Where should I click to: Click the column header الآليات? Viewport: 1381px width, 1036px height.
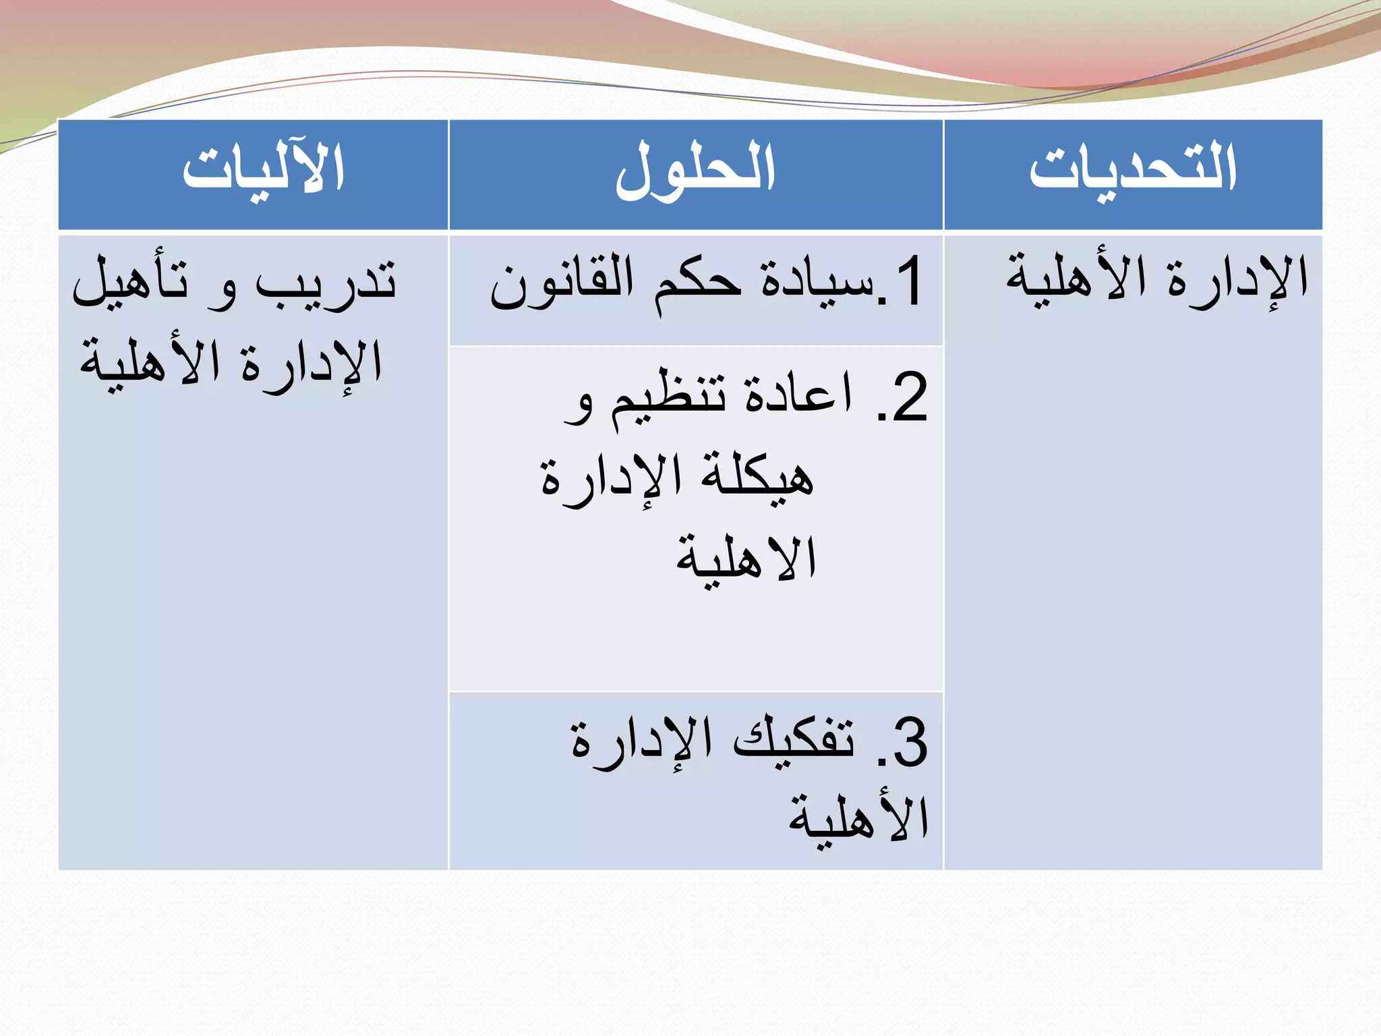click(x=264, y=169)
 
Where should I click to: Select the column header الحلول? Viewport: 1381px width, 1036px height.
click(x=695, y=170)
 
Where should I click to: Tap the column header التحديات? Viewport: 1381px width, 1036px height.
click(x=1133, y=169)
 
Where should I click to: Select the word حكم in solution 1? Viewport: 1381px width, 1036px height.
click(x=698, y=283)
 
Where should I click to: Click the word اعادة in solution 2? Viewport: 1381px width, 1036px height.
click(x=799, y=395)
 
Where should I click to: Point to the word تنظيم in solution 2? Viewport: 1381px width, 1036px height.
click(x=668, y=398)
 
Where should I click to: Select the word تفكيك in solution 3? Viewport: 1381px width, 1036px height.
click(x=794, y=739)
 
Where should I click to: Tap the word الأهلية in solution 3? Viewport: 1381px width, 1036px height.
click(x=859, y=819)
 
